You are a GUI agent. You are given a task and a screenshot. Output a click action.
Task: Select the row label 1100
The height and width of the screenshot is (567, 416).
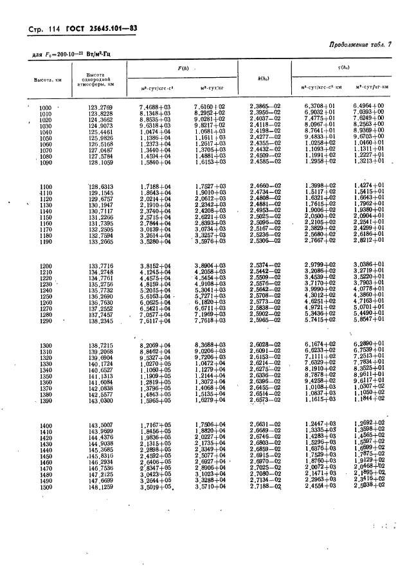(x=45, y=186)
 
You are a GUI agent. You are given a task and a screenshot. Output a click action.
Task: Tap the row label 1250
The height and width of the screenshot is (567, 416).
(x=45, y=296)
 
